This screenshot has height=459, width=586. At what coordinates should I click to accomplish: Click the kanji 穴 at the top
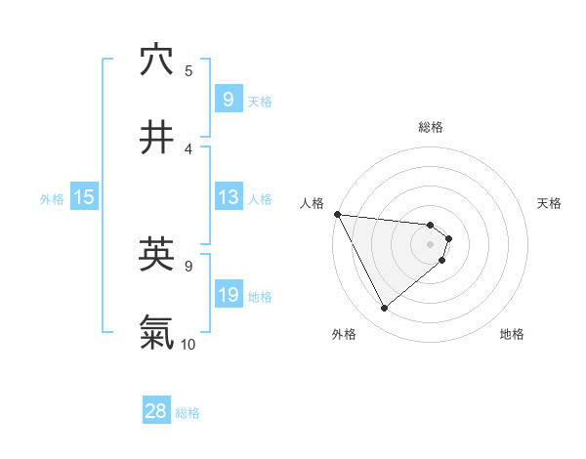[156, 61]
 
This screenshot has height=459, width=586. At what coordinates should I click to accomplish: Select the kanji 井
[156, 138]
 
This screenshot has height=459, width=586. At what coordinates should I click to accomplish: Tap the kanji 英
[156, 255]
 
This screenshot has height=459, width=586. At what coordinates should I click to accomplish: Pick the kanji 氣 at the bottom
[156, 332]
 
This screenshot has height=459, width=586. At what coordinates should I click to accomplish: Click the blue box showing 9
[228, 99]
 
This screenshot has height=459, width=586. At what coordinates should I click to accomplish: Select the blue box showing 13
[228, 197]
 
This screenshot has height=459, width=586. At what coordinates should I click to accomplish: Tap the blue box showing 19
[228, 295]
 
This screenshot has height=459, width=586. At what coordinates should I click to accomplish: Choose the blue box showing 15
[83, 197]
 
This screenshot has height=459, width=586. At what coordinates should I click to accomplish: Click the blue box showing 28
[155, 411]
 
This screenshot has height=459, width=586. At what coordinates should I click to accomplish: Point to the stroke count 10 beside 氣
[188, 344]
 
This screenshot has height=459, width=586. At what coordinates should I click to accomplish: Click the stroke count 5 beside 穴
[188, 70]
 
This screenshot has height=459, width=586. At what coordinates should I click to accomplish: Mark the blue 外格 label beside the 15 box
[52, 198]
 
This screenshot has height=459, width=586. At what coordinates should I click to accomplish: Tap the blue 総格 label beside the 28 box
[188, 412]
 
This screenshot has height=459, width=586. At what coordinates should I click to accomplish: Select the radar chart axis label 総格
[431, 127]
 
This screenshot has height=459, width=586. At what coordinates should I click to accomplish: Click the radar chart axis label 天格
[549, 203]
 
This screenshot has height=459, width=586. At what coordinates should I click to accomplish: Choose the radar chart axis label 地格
[512, 334]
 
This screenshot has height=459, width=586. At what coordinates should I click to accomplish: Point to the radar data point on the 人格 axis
[337, 214]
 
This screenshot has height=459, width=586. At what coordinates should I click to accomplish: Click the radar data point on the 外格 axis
[384, 308]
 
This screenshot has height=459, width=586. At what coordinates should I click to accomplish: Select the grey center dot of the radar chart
[431, 243]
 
